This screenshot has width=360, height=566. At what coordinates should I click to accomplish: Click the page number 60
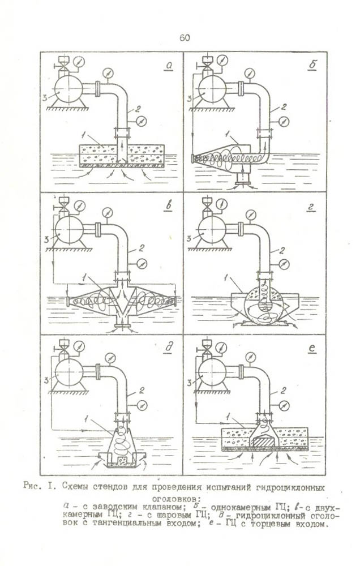pyautogui.click(x=184, y=38)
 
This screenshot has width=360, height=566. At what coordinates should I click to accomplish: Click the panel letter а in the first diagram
pyautogui.click(x=169, y=66)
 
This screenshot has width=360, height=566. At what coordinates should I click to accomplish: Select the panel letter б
pyautogui.click(x=312, y=66)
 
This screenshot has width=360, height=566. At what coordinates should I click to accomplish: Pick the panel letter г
pyautogui.click(x=311, y=207)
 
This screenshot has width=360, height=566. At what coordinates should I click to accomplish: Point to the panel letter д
pyautogui.click(x=169, y=347)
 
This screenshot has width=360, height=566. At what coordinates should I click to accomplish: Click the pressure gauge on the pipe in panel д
pyautogui.click(x=139, y=405)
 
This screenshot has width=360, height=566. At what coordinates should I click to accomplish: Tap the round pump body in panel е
pyautogui.click(x=212, y=371)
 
